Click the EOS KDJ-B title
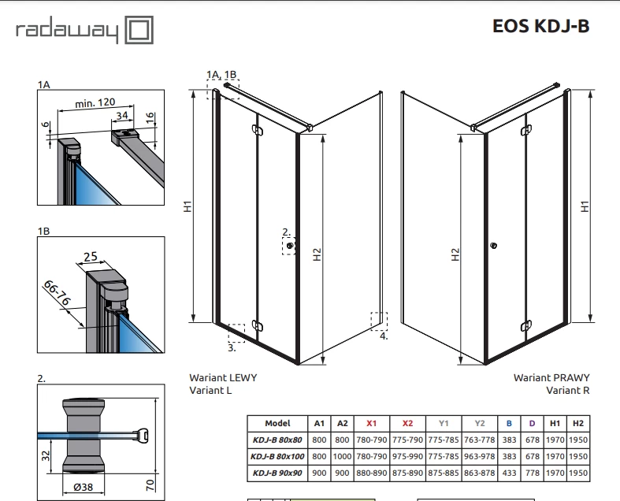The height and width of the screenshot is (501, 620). [x=541, y=26]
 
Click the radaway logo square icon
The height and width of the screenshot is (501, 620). [x=139, y=30]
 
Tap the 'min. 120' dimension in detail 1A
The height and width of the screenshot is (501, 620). [x=95, y=103]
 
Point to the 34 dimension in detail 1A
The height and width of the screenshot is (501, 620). [x=122, y=115]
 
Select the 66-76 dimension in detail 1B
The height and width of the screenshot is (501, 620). [x=57, y=292]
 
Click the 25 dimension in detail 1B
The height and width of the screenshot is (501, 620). [x=91, y=257]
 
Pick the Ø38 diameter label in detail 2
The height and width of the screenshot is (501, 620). [x=84, y=487]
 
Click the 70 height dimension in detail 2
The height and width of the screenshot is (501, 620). [x=150, y=484]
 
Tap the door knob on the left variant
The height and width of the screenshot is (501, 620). [x=290, y=246]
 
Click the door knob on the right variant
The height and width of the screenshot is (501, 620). [x=493, y=246]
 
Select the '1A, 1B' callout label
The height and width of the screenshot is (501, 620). [x=221, y=74]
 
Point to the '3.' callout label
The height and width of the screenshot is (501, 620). [x=232, y=348]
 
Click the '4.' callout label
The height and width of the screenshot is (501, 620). [x=384, y=336]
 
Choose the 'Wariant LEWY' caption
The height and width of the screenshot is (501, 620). [x=223, y=377]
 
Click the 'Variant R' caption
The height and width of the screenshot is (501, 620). [x=568, y=390]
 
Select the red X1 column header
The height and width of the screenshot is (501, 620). [x=371, y=424]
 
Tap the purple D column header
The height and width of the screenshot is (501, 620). [x=532, y=424]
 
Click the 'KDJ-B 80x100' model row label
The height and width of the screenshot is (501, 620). [x=277, y=456]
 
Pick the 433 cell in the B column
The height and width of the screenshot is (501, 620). [x=509, y=473]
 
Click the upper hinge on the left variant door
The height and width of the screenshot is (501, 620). [x=258, y=130]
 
